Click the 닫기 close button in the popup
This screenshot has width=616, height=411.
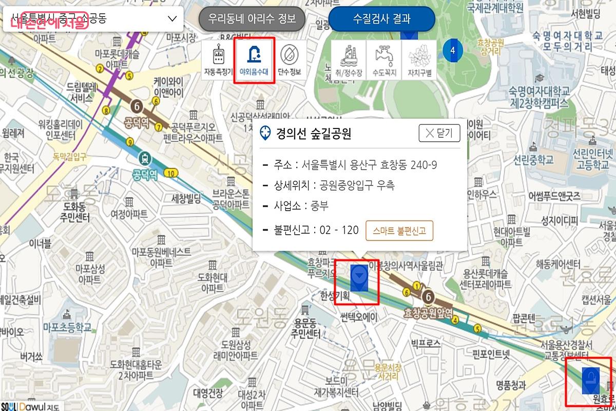point(439,134)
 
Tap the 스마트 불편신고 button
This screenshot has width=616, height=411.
point(399,231)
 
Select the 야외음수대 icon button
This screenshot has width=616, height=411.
point(255,60)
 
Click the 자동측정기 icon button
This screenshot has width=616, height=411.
point(218,60)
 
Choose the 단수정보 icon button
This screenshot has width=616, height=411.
point(290,60)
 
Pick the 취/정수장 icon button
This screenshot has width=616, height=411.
point(349,60)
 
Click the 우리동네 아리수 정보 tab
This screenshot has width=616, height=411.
point(252,19)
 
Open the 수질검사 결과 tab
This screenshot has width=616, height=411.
point(381,19)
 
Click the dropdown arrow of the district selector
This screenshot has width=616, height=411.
point(172,19)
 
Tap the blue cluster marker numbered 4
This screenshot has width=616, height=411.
point(452,50)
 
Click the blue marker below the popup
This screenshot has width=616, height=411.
point(359,278)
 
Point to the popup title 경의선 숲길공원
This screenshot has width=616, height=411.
point(313,134)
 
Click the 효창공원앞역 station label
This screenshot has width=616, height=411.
point(428,312)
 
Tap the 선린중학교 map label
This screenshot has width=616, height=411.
point(533,159)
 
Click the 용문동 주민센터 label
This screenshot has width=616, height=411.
point(307,329)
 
